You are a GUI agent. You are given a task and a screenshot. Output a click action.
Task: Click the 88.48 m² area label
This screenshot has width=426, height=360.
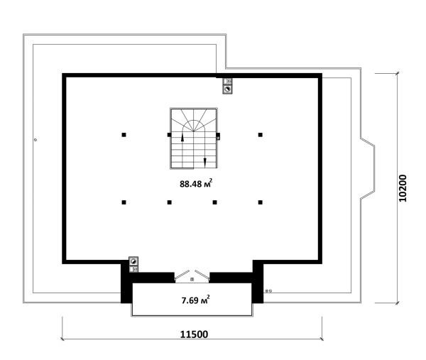tap(196, 183)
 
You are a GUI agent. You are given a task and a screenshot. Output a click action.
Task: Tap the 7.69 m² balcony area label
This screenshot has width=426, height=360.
tap(196, 300)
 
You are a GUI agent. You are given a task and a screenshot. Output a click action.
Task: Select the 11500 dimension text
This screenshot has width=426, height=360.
tap(195, 334)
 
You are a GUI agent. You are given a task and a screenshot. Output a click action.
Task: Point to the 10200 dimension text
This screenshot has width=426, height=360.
tap(403, 188)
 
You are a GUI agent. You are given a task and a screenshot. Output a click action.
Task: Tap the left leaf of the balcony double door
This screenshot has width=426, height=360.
tap(182, 274)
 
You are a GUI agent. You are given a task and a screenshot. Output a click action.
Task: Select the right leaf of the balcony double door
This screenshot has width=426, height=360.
tap(202, 274)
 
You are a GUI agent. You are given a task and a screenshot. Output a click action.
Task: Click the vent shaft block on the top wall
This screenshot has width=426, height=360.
tap(227, 86)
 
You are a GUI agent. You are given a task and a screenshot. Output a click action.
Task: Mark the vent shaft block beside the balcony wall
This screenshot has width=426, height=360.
tap(133, 264)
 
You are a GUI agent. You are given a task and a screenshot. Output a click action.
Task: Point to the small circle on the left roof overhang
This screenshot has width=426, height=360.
tap(35, 140)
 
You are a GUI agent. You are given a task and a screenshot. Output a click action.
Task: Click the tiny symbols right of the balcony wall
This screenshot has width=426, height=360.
tap(268, 291)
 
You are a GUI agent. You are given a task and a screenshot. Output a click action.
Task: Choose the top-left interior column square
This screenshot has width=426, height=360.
tap(124, 135)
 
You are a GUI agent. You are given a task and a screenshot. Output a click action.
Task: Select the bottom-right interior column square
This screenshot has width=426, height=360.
tap(261, 202)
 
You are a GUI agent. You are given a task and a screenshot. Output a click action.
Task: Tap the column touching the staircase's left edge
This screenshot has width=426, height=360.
tap(169, 135)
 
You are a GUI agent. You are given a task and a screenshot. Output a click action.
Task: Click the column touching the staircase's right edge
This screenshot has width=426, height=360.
tap(218, 135)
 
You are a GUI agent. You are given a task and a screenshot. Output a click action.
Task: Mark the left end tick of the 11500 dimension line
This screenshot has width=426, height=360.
tap(62, 339)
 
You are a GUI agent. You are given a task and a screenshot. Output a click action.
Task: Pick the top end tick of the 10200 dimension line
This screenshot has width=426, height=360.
tap(398, 73)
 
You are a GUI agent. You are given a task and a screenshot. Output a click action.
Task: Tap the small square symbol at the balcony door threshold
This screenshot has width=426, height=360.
tap(192, 279)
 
